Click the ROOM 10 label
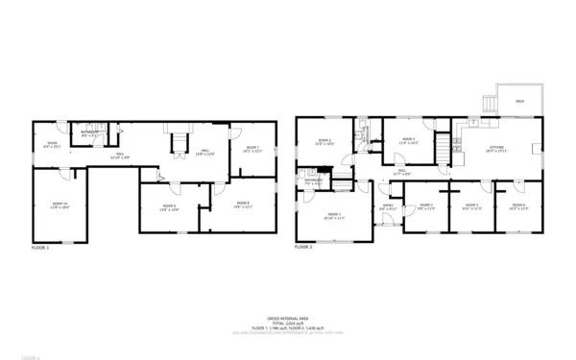coord(60,203)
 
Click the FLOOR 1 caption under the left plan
coord(40,248)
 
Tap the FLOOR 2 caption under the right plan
coord(303,248)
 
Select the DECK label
coord(519,100)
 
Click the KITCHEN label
coord(495,149)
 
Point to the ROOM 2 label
coord(324,141)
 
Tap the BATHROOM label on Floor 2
coord(314,180)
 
